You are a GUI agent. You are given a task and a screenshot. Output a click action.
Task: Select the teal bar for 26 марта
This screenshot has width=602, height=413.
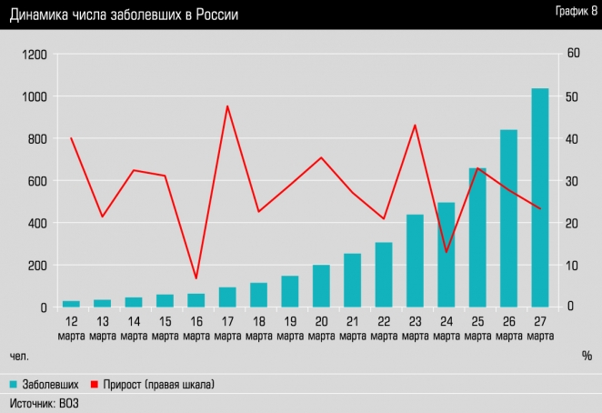click(508, 218)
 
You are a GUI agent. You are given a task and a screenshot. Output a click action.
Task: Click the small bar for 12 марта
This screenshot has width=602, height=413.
click(71, 304)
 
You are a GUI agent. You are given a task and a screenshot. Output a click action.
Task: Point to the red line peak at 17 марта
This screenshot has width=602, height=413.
click(226, 106)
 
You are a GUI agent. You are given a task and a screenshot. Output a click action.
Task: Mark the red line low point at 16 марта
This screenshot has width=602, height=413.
click(196, 278)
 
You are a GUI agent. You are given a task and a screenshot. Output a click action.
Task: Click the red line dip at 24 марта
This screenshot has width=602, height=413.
click(446, 251)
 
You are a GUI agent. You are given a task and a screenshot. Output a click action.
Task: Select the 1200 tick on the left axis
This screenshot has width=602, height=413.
click(34, 55)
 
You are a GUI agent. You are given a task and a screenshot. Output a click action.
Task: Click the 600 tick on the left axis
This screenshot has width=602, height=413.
click(36, 181)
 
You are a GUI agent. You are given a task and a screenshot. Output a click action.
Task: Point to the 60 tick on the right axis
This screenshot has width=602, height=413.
click(573, 55)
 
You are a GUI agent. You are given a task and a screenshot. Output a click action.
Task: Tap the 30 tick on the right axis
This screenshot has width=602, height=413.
click(573, 181)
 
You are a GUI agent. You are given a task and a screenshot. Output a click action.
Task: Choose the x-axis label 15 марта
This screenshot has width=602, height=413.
click(165, 329)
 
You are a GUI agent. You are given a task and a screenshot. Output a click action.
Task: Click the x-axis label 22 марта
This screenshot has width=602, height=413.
click(384, 329)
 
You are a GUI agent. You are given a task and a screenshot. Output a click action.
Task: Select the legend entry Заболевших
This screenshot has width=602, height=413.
click(49, 385)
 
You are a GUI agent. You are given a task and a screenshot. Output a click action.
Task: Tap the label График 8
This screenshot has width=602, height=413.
click(570, 11)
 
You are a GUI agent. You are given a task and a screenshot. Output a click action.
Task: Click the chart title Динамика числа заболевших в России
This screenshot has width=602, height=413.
click(125, 15)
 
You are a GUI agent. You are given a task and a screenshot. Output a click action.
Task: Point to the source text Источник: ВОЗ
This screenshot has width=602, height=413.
click(44, 402)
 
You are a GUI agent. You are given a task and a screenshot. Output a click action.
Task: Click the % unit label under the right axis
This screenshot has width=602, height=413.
click(587, 355)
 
